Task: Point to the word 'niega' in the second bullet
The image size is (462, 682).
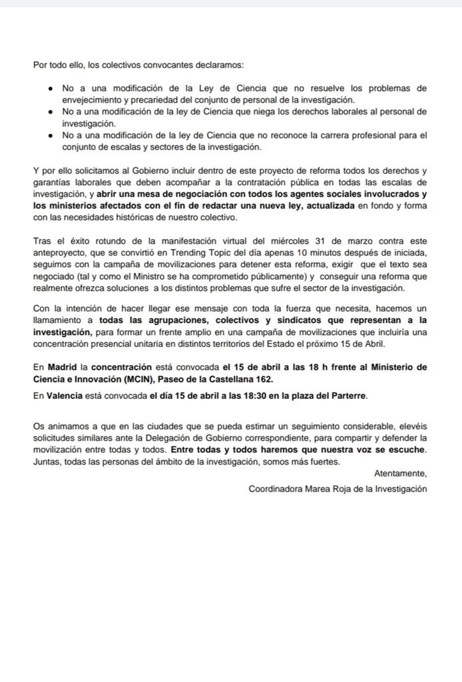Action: (x=263, y=112)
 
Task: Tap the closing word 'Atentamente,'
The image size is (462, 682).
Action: (x=400, y=474)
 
